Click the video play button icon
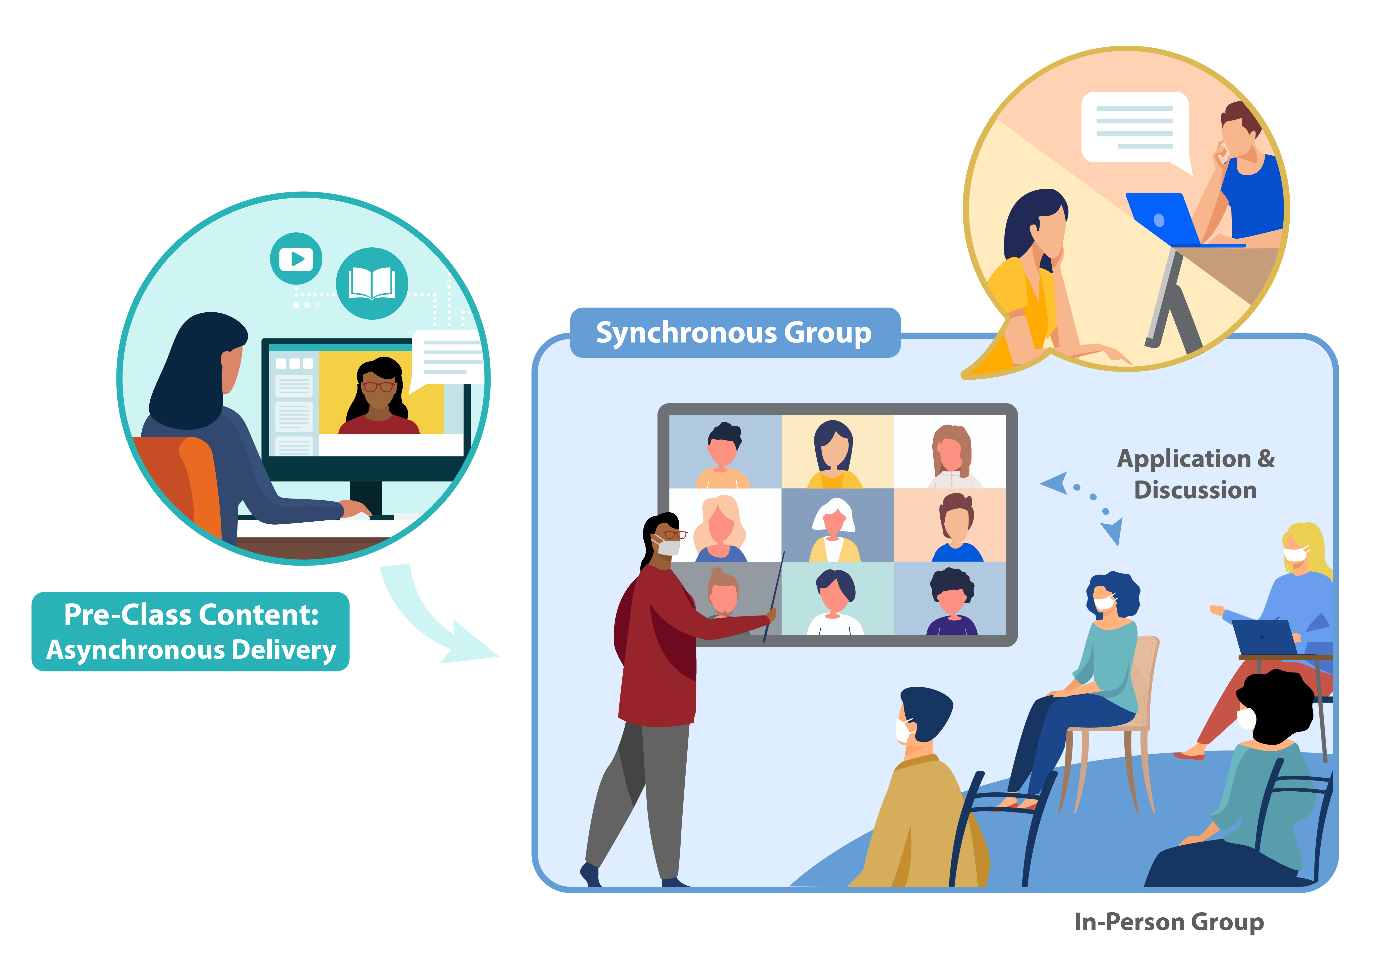(x=296, y=259)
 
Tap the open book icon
(x=372, y=283)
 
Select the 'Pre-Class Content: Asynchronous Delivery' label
(x=190, y=632)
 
